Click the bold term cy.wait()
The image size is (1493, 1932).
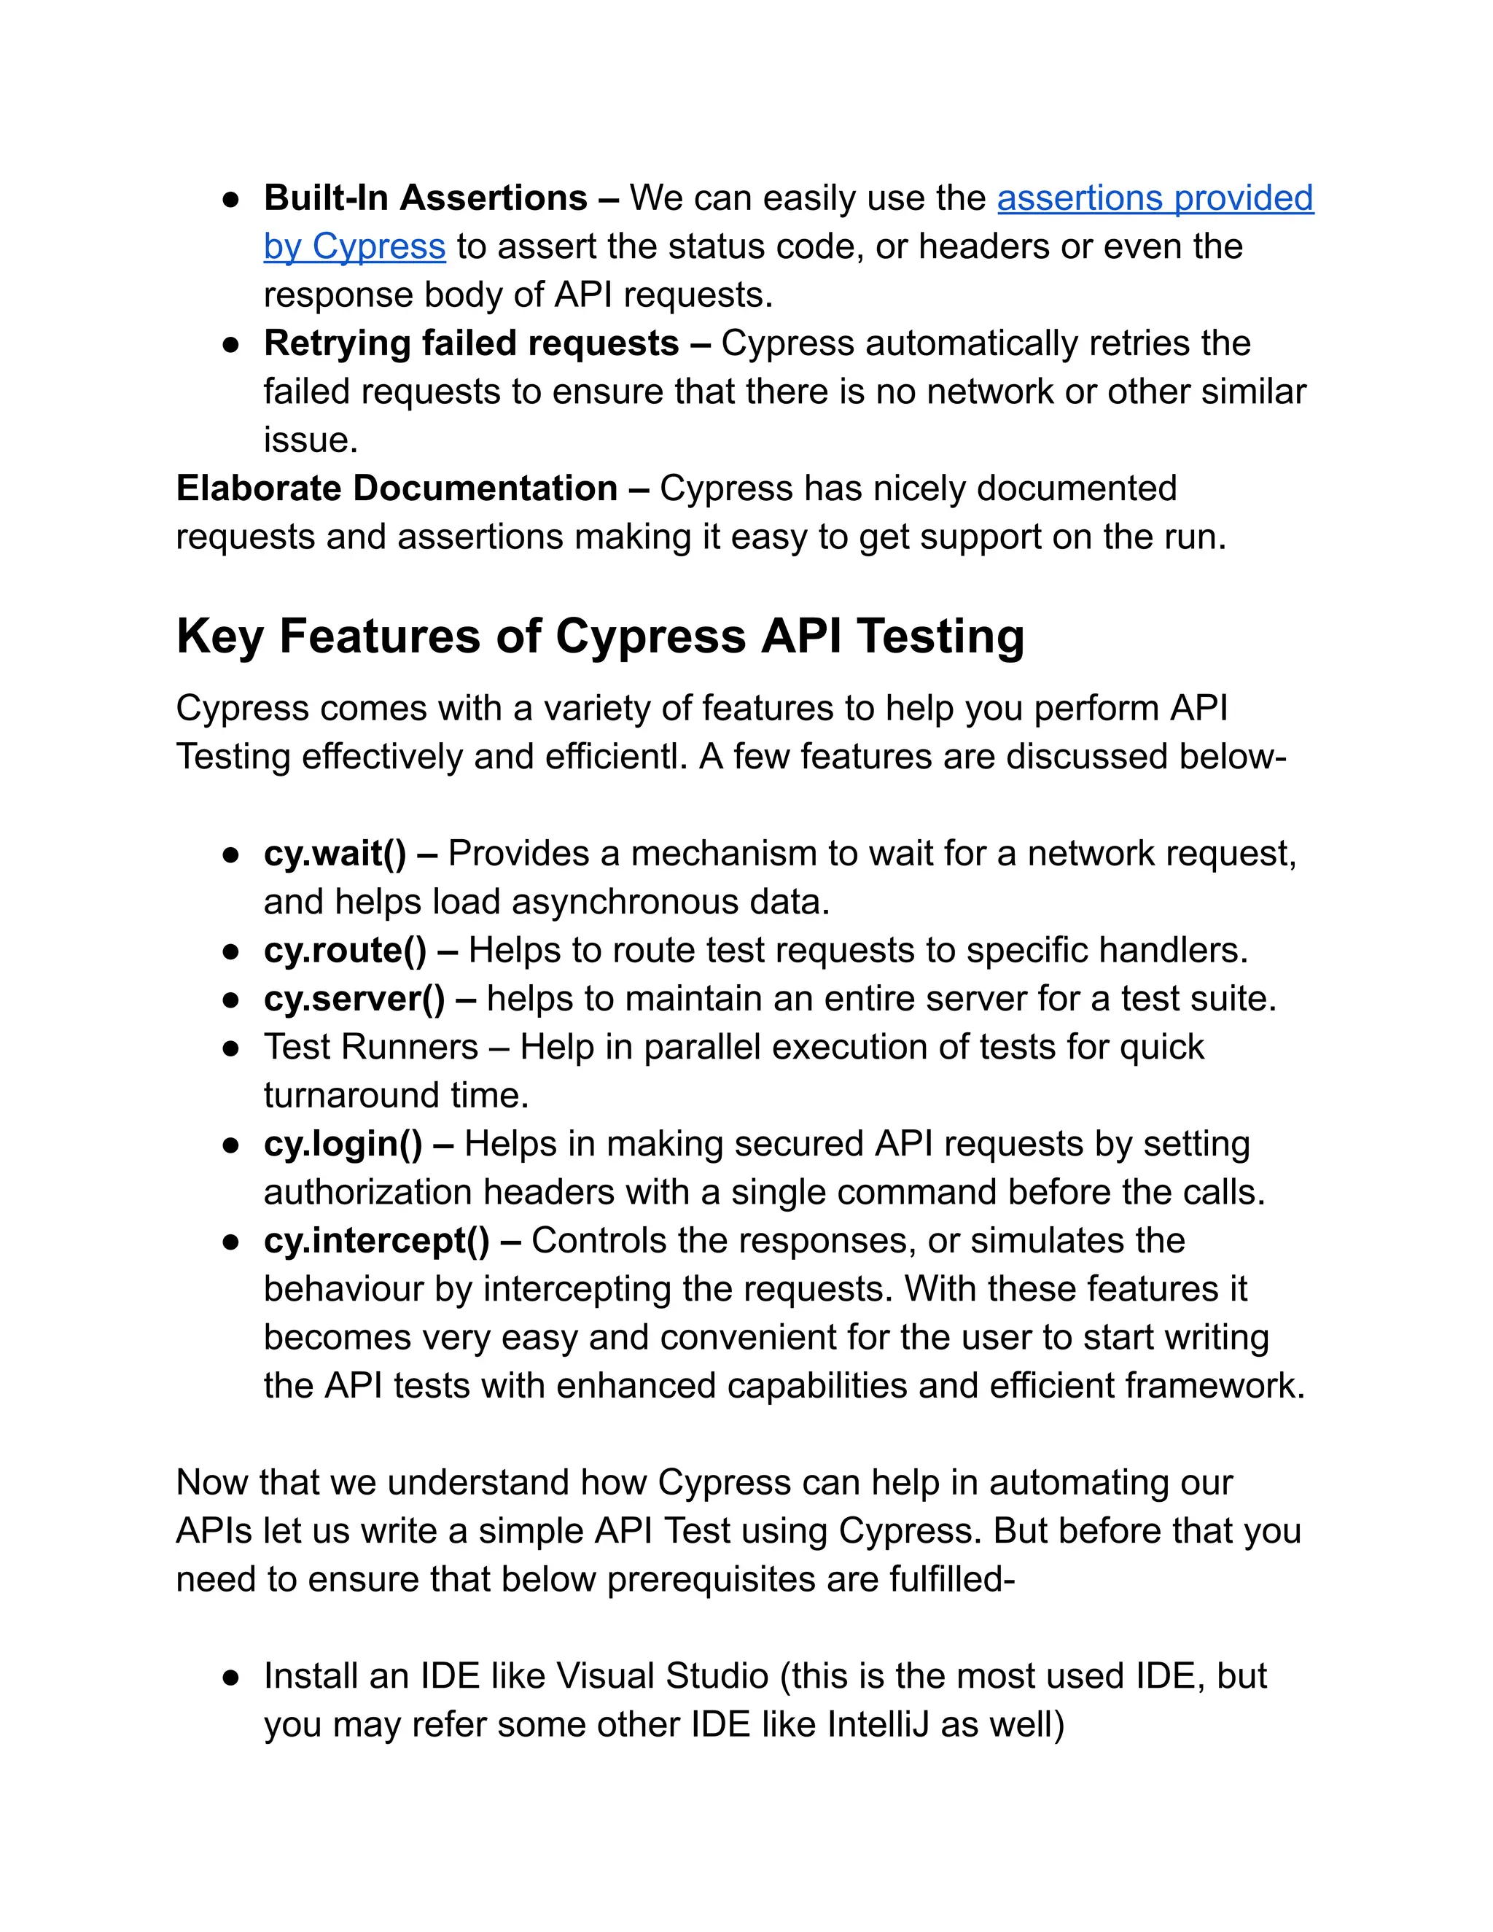[335, 854]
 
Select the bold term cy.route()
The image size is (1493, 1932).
[345, 951]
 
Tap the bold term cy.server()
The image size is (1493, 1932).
[354, 1000]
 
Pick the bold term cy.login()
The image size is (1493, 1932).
[343, 1145]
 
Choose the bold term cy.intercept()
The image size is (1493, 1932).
[376, 1241]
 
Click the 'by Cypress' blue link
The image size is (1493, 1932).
[354, 247]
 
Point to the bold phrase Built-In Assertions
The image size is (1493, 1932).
[426, 199]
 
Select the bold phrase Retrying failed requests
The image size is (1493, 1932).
[470, 344]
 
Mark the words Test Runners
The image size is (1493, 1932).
[370, 1048]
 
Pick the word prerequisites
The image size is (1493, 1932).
[711, 1580]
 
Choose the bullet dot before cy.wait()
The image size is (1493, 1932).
[231, 854]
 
